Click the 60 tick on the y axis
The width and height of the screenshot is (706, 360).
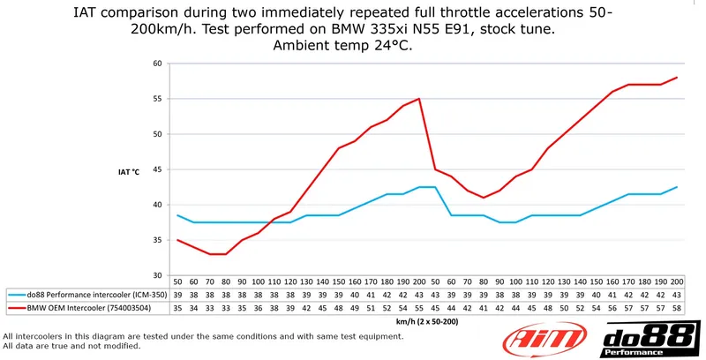tap(156, 64)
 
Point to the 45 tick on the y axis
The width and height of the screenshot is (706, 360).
tap(156, 169)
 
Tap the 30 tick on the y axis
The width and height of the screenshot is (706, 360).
tap(156, 275)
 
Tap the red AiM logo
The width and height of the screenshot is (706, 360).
tap(541, 340)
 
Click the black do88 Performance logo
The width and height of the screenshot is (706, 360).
tap(650, 340)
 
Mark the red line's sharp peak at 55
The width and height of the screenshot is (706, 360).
tap(419, 99)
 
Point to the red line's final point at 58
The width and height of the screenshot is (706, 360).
tap(678, 78)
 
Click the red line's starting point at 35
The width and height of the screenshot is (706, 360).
tap(177, 240)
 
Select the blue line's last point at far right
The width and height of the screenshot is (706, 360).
tap(678, 187)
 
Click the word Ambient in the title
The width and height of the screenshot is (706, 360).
tap(309, 46)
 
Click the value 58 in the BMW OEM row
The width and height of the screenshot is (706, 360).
tap(678, 308)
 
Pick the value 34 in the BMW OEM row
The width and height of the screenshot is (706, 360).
tap(194, 308)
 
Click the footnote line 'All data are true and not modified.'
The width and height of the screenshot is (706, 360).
tap(72, 346)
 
